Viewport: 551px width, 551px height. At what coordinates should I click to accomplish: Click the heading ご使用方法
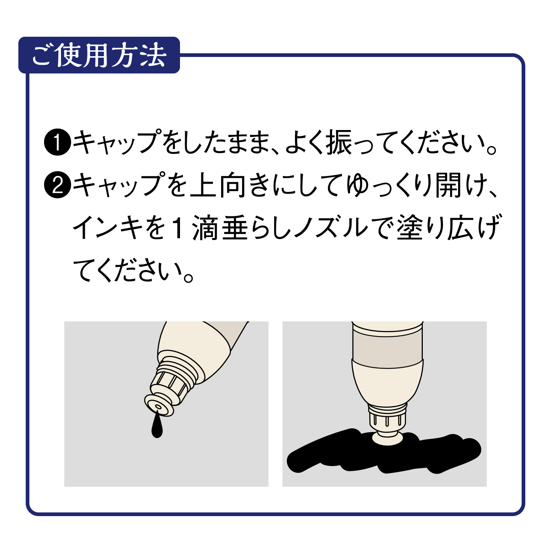[99, 55]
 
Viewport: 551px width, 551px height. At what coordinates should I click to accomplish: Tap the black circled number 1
[57, 143]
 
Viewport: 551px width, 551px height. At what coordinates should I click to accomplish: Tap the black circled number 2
[57, 185]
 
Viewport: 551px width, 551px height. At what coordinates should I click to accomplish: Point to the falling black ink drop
[157, 428]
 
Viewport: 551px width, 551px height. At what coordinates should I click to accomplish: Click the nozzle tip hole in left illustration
[158, 407]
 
